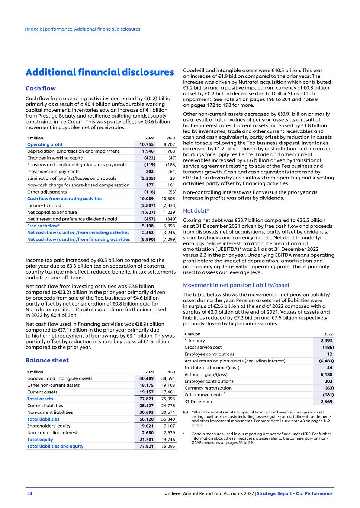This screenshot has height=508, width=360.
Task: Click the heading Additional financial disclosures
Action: tap(100, 72)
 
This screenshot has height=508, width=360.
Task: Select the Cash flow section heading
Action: tap(41, 89)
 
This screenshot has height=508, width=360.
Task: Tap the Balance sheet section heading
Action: tap(47, 360)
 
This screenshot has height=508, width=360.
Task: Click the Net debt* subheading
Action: tap(196, 211)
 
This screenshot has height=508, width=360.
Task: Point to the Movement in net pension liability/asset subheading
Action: tap(236, 285)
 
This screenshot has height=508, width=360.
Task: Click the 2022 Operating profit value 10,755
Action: tap(147, 144)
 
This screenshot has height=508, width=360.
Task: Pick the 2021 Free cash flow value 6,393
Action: tap(169, 226)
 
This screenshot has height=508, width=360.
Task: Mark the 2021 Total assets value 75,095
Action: tap(168, 399)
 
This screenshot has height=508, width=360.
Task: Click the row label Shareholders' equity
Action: tap(49, 426)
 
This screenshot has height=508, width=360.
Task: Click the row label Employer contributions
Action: tap(209, 381)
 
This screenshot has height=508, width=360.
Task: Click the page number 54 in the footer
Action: tap(30, 493)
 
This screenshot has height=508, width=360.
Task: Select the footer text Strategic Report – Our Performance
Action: tap(295, 493)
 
